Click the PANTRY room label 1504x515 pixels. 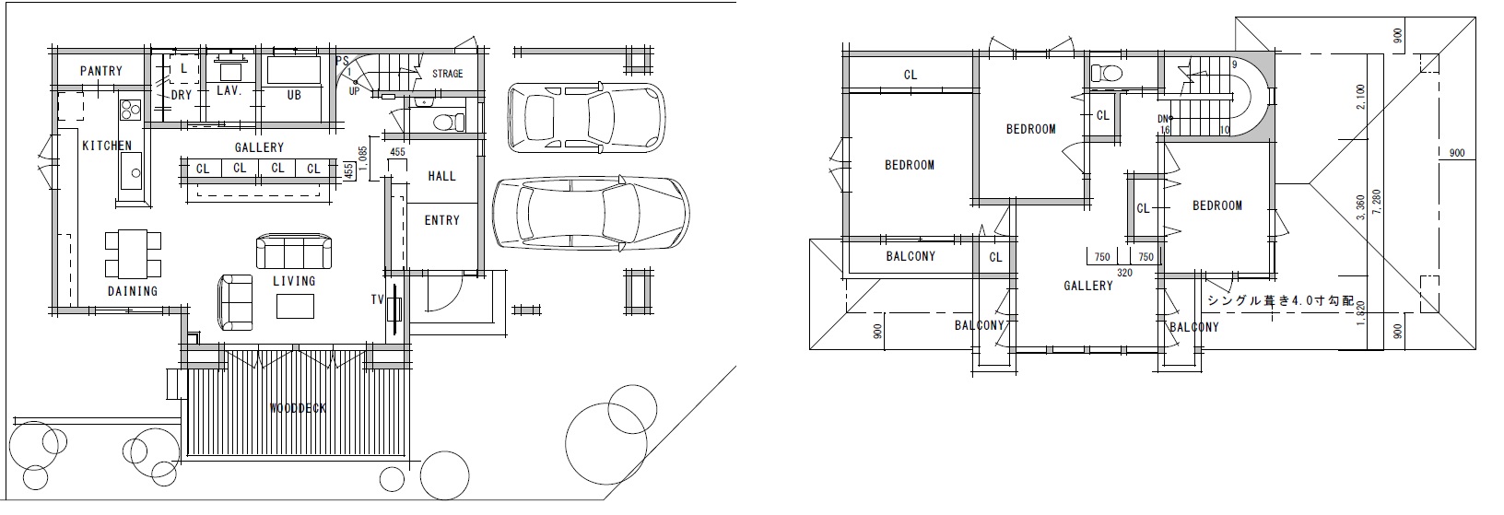[x=100, y=71]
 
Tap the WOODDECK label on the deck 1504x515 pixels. [x=298, y=408]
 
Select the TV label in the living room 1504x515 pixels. [x=377, y=299]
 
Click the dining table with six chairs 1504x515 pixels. [x=134, y=253]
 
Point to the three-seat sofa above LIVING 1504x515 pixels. [x=294, y=252]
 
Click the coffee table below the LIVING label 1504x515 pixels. [x=296, y=306]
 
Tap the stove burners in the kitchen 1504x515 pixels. [x=130, y=110]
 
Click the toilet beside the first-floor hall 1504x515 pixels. [x=448, y=123]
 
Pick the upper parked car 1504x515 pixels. [x=586, y=116]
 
